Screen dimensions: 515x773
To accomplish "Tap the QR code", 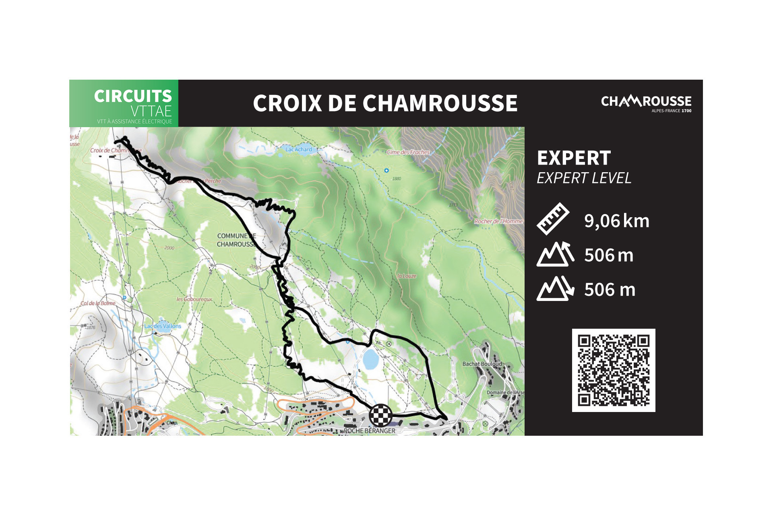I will coord(613,370).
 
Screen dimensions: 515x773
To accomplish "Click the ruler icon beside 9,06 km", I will coord(553,219).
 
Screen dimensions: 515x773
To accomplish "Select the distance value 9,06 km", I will coord(616,221).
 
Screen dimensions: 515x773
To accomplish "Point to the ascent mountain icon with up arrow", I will coord(555,254).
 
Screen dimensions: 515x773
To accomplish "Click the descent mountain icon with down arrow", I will coord(555,288).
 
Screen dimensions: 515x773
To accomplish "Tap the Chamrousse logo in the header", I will coord(646,103).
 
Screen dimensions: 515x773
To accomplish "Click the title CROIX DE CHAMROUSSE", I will coord(385,103).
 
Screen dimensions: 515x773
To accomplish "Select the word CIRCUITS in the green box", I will coord(133,96).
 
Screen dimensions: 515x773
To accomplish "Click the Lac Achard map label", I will coord(299,149).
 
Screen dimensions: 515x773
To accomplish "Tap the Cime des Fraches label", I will coord(408,152).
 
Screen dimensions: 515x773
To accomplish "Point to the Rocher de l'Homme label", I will coord(498,221).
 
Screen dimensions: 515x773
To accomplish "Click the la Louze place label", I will coord(407,276).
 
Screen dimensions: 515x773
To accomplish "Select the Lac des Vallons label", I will coord(163,326).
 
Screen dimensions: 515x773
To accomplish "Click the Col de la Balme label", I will coord(98,303).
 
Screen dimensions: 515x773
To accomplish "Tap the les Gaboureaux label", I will coord(194,299).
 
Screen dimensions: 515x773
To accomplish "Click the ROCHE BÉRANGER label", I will coord(369,431).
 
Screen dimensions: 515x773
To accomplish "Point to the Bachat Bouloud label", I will coord(482,364).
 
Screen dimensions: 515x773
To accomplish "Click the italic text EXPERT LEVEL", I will coord(584,178).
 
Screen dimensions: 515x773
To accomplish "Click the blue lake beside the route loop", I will coord(370,359).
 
